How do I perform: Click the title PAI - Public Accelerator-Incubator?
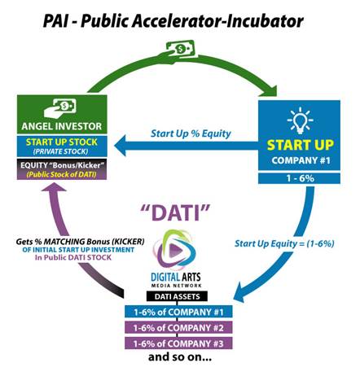[x=173, y=21]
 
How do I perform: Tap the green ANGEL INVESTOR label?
[x=62, y=126]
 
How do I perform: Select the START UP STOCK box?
[x=62, y=146]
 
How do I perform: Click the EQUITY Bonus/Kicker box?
[x=62, y=169]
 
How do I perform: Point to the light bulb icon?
[x=300, y=120]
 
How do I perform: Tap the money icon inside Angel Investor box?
[x=60, y=108]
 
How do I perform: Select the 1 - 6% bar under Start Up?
[x=299, y=178]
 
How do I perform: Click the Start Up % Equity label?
[x=191, y=133]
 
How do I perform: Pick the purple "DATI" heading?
[x=175, y=212]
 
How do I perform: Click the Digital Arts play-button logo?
[x=174, y=250]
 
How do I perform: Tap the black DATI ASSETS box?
[x=177, y=296]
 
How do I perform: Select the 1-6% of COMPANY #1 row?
[x=178, y=312]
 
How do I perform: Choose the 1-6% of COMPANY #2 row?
[x=178, y=327]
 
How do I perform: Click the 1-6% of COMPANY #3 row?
[x=178, y=343]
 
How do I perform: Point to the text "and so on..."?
[x=180, y=356]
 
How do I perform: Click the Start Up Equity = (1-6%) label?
[x=284, y=243]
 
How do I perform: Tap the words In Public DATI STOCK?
[x=73, y=257]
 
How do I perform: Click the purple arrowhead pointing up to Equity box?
[x=54, y=187]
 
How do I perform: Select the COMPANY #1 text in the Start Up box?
[x=301, y=160]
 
